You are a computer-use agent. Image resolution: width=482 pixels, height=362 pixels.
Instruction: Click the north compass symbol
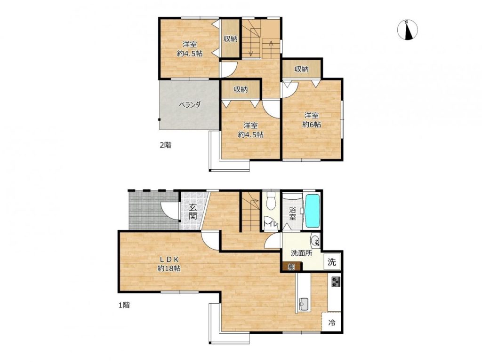(x=407, y=30)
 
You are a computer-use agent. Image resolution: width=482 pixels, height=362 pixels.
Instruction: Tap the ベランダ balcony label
(x=190, y=104)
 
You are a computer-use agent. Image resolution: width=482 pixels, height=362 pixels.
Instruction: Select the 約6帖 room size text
(x=312, y=125)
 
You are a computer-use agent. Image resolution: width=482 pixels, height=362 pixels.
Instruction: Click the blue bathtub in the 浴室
(x=312, y=210)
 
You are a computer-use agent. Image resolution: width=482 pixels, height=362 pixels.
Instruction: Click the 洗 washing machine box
(x=332, y=262)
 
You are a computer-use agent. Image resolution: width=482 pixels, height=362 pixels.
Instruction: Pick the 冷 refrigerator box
(x=332, y=323)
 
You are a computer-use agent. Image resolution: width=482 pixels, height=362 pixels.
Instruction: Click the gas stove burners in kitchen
(x=335, y=282)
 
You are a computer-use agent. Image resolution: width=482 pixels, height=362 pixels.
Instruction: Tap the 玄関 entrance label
(x=193, y=211)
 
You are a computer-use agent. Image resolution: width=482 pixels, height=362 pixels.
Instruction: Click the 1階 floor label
(x=124, y=305)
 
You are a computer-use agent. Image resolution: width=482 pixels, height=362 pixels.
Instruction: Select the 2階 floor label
(x=165, y=145)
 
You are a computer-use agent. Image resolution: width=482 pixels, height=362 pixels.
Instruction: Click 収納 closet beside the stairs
(x=230, y=39)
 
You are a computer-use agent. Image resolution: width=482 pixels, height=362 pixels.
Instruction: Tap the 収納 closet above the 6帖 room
(x=302, y=69)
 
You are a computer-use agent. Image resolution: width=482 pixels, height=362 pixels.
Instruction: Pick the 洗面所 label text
(x=302, y=253)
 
